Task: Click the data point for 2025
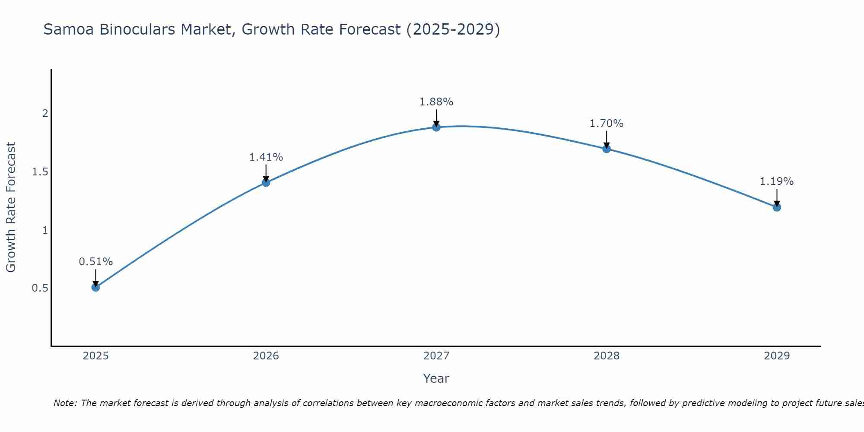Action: [x=95, y=287]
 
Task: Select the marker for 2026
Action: [x=266, y=182]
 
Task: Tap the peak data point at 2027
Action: [x=436, y=127]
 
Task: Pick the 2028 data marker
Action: [x=607, y=149]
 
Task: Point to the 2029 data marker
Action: [x=777, y=207]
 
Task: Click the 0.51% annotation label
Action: [x=95, y=262]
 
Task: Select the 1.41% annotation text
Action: [x=266, y=157]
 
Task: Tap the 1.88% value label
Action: [x=436, y=102]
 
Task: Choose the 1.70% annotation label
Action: [x=607, y=124]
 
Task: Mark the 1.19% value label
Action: [x=777, y=181]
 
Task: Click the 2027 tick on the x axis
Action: [x=436, y=356]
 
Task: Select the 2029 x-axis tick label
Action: [x=777, y=356]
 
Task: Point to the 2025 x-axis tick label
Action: [x=95, y=356]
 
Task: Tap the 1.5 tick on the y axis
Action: [x=40, y=172]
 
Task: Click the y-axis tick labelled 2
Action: [x=45, y=114]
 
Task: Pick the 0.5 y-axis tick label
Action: [x=40, y=288]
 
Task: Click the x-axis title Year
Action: [x=436, y=378]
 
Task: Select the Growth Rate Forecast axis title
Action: [x=11, y=207]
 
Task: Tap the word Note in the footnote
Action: [x=65, y=403]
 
